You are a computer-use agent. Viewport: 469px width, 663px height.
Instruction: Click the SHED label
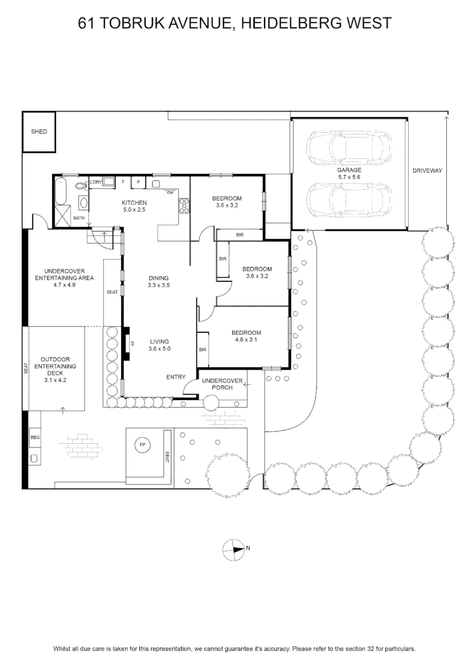tap(39, 131)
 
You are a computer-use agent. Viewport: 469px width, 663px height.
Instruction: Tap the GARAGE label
tap(349, 170)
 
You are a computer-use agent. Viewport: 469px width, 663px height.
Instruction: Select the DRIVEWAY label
tap(427, 171)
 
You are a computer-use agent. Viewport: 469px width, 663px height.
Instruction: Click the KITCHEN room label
tap(134, 203)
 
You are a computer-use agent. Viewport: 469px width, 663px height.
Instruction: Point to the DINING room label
tap(158, 278)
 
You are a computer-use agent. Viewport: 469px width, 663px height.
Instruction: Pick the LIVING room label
tap(160, 342)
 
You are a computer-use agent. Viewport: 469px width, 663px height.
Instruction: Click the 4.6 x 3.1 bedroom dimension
tap(246, 339)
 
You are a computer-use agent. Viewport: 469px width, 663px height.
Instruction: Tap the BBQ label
tap(34, 438)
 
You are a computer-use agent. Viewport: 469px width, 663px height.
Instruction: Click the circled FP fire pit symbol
tap(142, 445)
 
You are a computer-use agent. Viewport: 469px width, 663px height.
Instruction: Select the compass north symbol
tap(234, 549)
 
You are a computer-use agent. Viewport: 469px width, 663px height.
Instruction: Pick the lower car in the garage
tap(349, 200)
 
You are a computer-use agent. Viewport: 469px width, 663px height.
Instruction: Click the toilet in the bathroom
tap(80, 185)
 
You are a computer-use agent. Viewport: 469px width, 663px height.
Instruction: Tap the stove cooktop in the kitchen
tap(184, 206)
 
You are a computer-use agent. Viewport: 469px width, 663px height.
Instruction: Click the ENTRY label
tap(176, 377)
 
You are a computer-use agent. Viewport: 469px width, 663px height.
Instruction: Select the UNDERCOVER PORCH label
tap(222, 384)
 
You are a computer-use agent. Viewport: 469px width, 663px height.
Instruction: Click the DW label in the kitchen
tap(170, 193)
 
